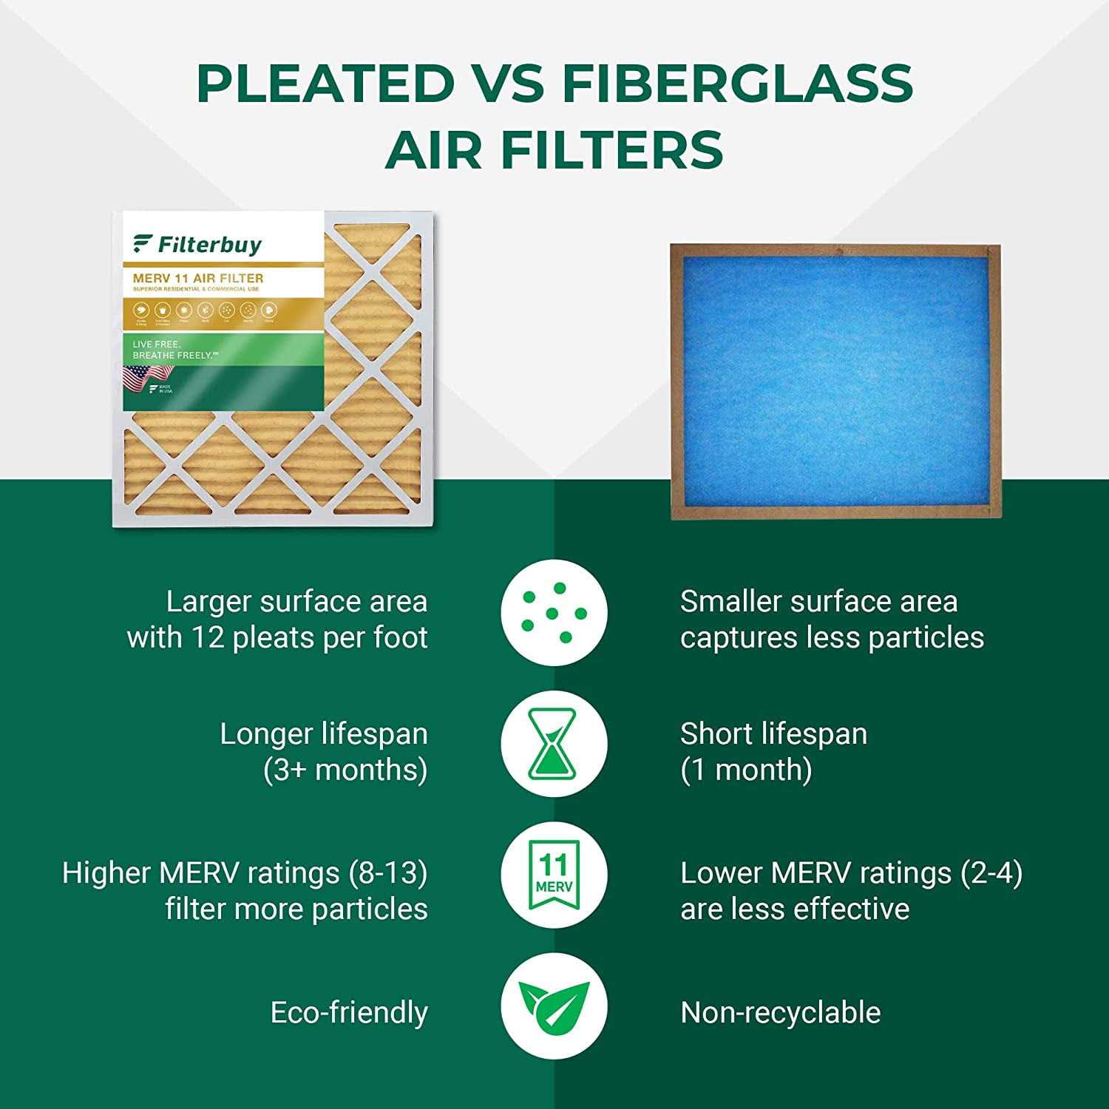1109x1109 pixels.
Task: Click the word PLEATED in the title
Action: pos(325,83)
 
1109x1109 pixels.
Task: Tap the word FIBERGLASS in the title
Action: pos(737,83)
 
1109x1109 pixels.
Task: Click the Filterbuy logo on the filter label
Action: pos(197,245)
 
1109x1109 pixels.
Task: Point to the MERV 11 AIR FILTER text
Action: pos(198,278)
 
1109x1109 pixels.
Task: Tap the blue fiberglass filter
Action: pos(835,381)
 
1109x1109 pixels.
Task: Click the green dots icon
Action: pos(554,612)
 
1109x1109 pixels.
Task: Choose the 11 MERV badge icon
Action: pos(554,874)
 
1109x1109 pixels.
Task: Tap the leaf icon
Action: pos(554,1007)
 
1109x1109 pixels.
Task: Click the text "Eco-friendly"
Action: pos(349,1012)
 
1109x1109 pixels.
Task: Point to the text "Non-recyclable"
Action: pos(780,1012)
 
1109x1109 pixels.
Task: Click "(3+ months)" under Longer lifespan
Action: pos(345,770)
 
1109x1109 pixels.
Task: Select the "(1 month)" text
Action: pos(746,770)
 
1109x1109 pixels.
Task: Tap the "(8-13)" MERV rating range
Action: pos(387,873)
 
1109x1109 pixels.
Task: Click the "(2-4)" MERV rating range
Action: pos(991,873)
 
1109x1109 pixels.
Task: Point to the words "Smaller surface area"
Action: pos(818,602)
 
